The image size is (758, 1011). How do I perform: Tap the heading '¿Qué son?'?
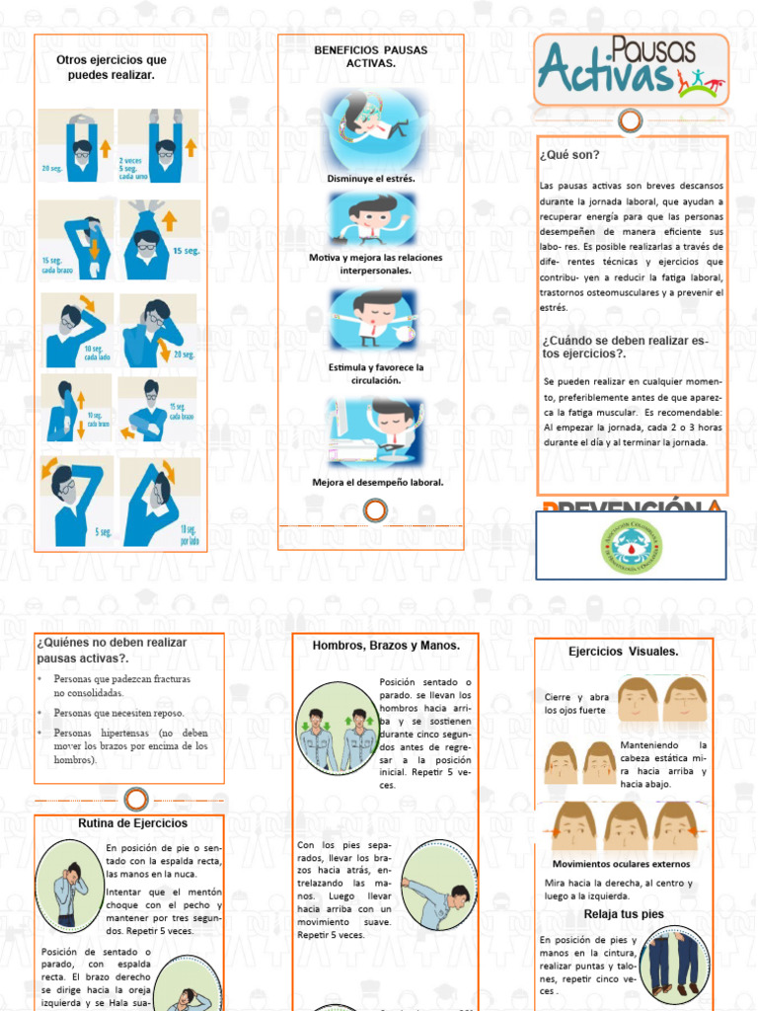coord(569,155)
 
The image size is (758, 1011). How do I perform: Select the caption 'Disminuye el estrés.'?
coord(371,179)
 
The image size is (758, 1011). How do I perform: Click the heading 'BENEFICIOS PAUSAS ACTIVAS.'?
coord(371,55)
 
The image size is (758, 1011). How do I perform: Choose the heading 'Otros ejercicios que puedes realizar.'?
coord(112,67)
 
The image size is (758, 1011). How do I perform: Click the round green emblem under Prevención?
coord(632,545)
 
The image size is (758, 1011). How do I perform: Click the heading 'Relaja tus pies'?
coord(624,914)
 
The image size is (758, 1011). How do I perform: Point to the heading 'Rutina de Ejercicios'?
coord(132,822)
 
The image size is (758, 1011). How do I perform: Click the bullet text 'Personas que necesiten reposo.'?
coord(118,713)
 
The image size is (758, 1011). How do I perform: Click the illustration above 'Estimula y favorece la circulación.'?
coord(372,319)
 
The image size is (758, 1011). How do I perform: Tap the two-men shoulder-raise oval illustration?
coord(336,740)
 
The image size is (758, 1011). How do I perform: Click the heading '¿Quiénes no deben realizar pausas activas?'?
coord(112,650)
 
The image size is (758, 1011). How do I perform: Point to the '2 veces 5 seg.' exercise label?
coord(133,168)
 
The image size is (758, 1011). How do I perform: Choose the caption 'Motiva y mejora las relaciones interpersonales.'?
coord(375,264)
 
